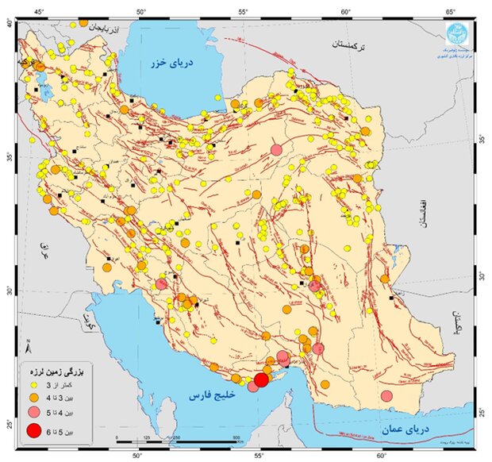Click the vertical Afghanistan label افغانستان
click(424, 213)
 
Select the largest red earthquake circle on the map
click(260, 379)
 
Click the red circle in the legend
click(34, 431)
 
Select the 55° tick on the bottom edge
click(259, 456)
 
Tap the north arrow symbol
click(29, 346)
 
